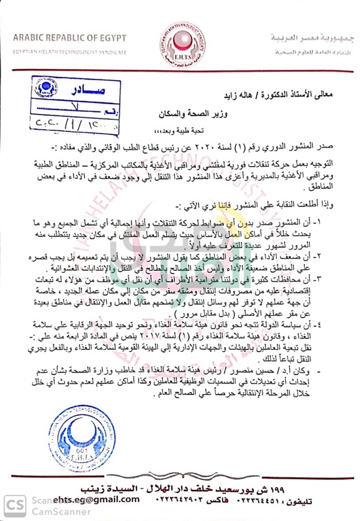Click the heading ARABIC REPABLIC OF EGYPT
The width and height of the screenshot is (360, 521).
[70, 38]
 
